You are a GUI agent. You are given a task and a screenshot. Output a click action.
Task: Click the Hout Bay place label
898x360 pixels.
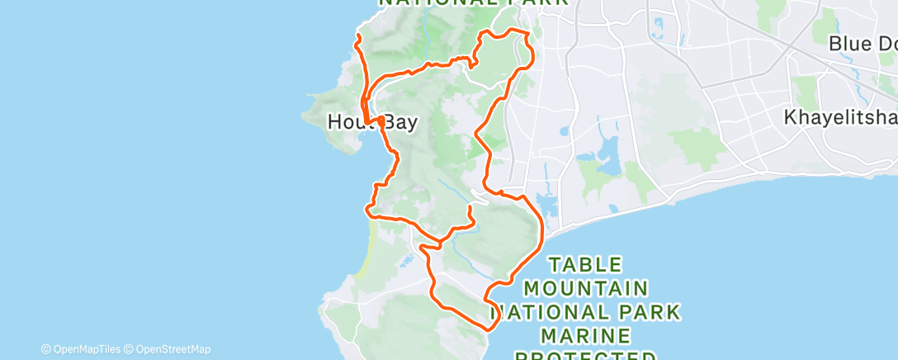coord(371,122)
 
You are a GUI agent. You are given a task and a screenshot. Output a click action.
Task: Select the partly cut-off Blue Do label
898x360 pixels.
coord(862,44)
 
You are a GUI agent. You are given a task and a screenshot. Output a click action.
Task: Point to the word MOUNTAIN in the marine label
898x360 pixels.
coord(585,288)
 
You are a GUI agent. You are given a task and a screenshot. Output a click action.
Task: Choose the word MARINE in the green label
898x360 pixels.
coord(585,336)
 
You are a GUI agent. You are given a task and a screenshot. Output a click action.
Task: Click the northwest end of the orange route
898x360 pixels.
coord(357,37)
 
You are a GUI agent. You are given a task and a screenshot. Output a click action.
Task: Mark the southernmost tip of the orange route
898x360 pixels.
coord(489,329)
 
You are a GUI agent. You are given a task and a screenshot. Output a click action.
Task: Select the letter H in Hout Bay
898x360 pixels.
coord(335,122)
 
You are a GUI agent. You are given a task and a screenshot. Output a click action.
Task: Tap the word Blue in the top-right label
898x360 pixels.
coord(847,44)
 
